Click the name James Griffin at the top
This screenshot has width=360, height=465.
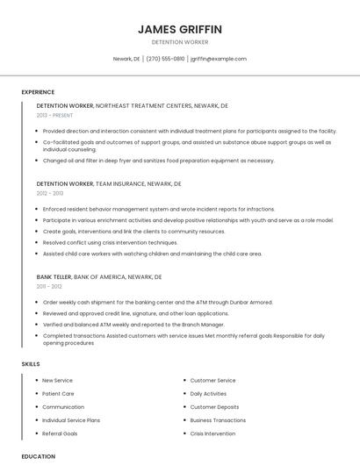tap(180, 29)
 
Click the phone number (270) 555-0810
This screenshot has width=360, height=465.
tap(165, 59)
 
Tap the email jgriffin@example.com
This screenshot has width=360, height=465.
tap(219, 59)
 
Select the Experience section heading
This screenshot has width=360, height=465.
tap(38, 92)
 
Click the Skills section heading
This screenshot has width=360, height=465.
tap(30, 363)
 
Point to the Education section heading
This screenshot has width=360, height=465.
tap(38, 456)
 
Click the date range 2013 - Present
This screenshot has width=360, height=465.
tap(55, 115)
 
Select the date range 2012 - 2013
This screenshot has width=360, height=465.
tap(50, 193)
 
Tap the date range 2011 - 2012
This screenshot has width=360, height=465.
tap(49, 286)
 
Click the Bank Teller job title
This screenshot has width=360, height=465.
tap(54, 276)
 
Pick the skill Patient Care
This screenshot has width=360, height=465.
tap(58, 394)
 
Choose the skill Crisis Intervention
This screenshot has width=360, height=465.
tap(212, 433)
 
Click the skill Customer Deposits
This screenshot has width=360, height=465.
tap(214, 407)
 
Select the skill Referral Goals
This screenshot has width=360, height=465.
tap(60, 433)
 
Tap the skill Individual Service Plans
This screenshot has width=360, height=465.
tap(71, 420)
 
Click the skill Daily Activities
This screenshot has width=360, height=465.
tap(208, 394)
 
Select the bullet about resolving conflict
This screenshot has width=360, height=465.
tap(110, 242)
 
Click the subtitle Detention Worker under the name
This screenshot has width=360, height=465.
tap(180, 42)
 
